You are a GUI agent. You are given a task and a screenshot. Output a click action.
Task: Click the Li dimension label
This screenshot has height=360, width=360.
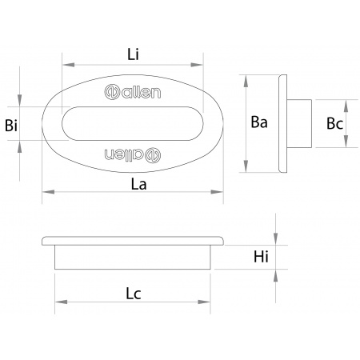click(133, 54)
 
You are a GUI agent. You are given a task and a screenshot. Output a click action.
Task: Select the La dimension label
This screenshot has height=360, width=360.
click(138, 184)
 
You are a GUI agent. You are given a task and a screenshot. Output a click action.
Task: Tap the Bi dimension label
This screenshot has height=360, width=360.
click(11, 125)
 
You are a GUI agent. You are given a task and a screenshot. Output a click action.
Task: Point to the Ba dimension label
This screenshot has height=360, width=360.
click(259, 122)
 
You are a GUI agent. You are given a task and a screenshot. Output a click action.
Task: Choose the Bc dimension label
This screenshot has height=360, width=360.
click(334, 123)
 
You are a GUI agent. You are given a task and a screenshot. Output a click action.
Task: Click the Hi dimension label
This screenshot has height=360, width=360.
click(261, 257)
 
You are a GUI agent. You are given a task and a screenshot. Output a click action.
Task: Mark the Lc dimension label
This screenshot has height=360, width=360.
click(134, 294)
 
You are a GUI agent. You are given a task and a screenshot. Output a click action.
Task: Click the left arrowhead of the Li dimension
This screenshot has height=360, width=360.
click(68, 65)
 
